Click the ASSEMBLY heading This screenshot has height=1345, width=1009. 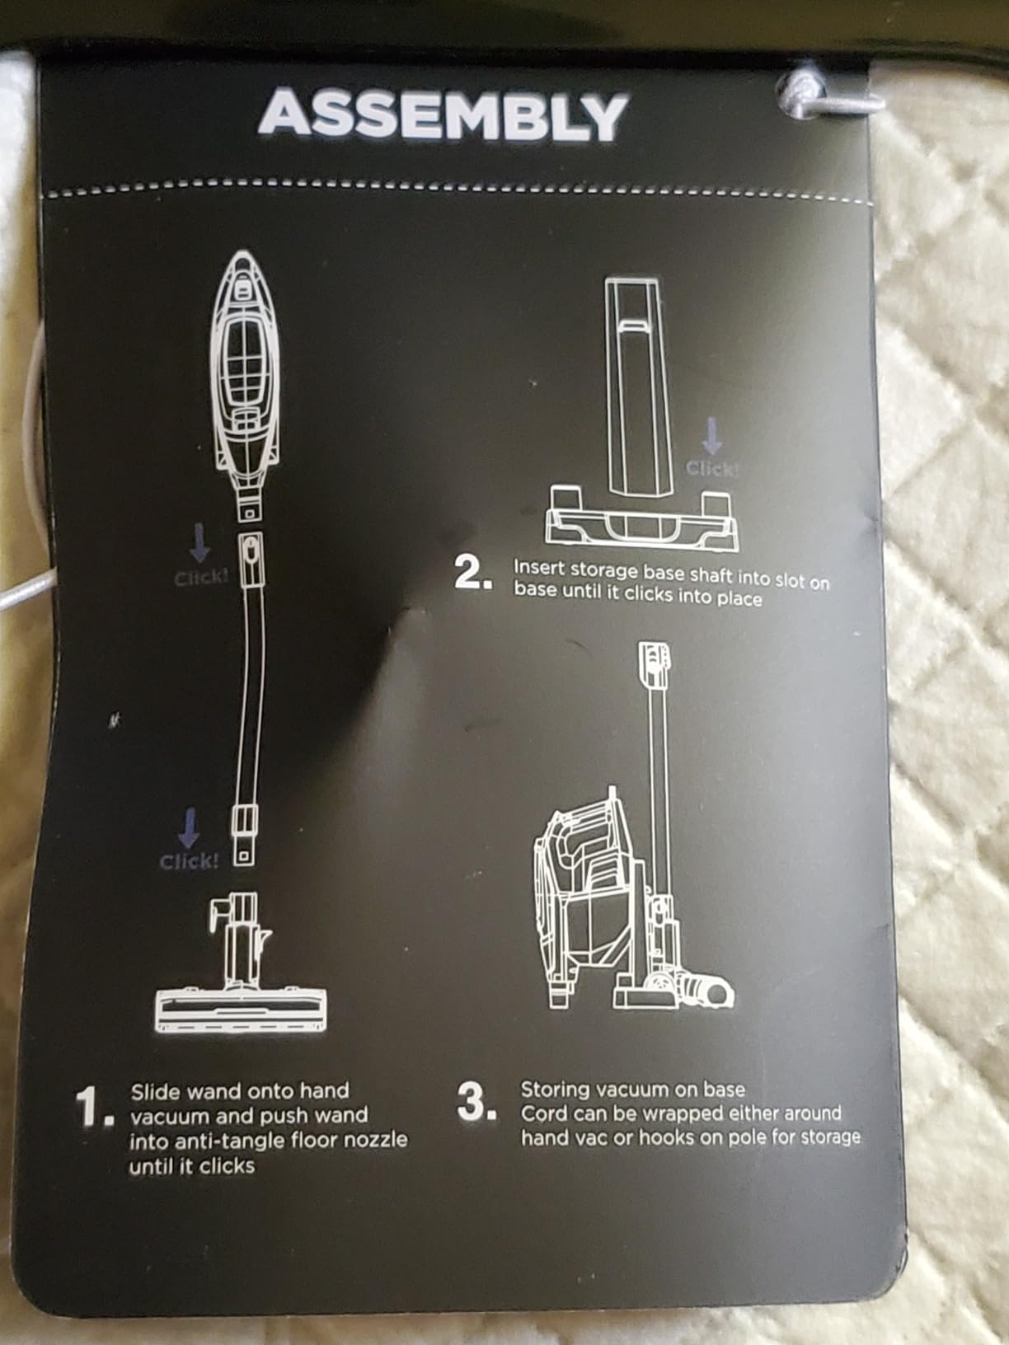(x=443, y=115)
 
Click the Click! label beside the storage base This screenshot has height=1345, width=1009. (x=712, y=470)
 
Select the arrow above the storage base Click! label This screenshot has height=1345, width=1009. (x=712, y=437)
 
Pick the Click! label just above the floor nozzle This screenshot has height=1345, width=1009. (x=189, y=862)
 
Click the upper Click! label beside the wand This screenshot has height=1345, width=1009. (x=201, y=578)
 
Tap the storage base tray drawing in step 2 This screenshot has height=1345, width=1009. (x=641, y=518)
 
